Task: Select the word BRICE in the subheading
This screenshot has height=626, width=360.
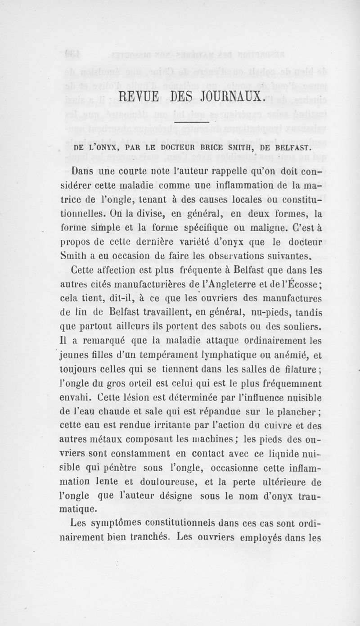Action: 205,147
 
